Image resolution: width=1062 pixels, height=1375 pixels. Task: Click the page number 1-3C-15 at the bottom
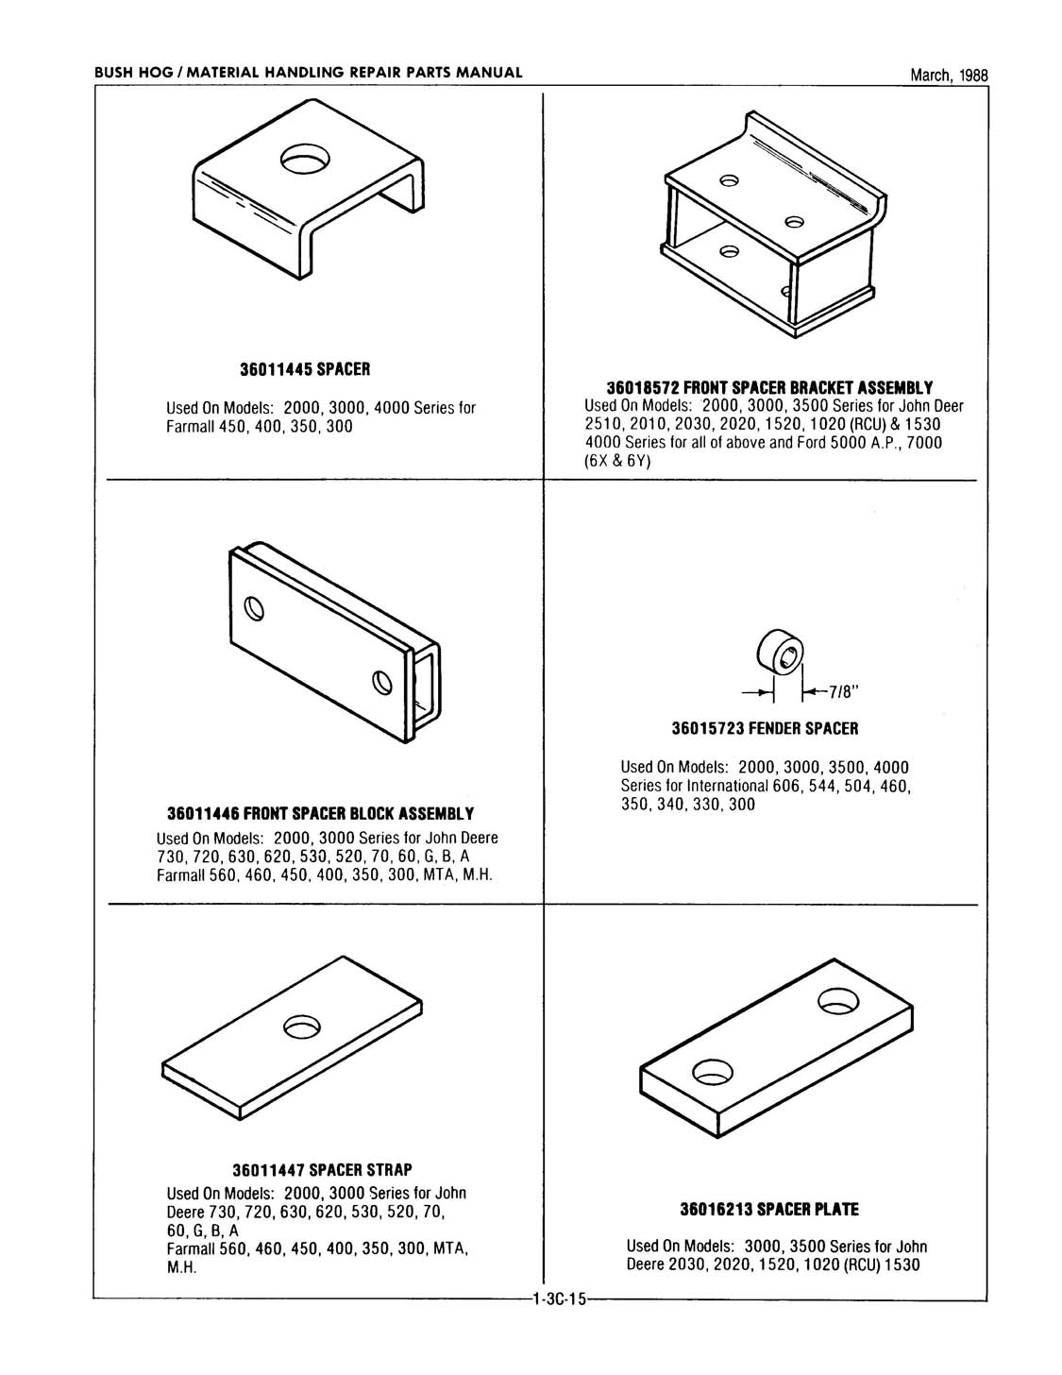point(559,1299)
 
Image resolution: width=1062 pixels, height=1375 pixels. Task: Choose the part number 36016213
point(716,1209)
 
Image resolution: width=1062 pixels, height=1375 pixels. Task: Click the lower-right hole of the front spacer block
point(381,681)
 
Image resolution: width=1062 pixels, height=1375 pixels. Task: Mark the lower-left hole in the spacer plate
point(713,1071)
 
